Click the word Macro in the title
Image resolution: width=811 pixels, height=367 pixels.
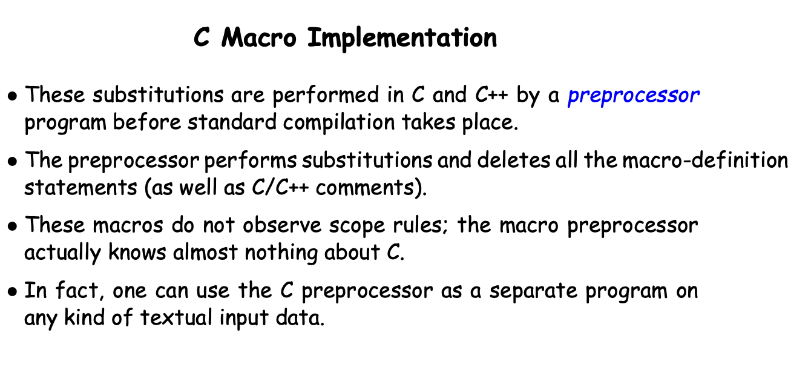[x=258, y=38]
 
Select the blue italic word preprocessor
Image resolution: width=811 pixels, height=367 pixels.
[x=634, y=96]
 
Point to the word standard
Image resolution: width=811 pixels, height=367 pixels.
[x=232, y=122]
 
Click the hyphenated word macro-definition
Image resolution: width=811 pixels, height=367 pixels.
[x=705, y=160]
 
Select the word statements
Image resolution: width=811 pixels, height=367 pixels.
[x=80, y=188]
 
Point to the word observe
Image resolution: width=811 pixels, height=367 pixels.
[x=282, y=225]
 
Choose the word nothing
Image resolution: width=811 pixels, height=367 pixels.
[x=281, y=253]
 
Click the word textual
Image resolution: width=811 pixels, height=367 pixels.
[x=176, y=318]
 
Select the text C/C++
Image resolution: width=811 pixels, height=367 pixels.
[x=280, y=187]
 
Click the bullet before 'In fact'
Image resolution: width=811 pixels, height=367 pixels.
[x=12, y=292]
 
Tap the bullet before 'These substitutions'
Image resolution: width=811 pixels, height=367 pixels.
[x=12, y=96]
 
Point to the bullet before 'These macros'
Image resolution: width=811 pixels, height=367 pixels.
[x=12, y=226]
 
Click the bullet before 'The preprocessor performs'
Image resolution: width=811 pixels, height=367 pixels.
[x=12, y=161]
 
